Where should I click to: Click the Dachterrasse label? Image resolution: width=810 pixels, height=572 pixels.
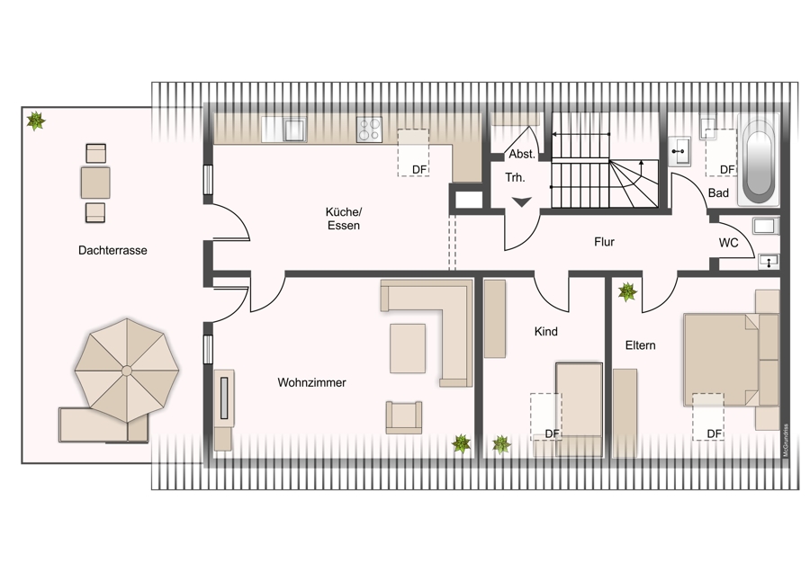(x=112, y=250)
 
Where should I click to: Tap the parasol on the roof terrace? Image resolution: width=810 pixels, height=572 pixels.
(x=127, y=371)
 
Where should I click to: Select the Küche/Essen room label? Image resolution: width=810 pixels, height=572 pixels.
(x=344, y=219)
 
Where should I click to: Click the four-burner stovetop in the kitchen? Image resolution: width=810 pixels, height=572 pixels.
(x=369, y=130)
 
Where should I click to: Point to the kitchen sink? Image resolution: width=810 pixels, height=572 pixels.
(x=295, y=130)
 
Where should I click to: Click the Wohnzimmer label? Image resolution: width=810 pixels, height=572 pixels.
(x=311, y=382)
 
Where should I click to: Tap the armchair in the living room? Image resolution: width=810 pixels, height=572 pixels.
(x=403, y=417)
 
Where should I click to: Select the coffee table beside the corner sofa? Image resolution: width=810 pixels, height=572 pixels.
(x=408, y=348)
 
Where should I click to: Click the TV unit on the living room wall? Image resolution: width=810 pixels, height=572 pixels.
(x=224, y=398)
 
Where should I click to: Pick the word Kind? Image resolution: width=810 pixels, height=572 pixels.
(x=546, y=332)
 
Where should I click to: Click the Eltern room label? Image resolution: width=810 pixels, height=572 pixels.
(x=641, y=345)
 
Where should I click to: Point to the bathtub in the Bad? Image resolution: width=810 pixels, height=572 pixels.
(x=759, y=162)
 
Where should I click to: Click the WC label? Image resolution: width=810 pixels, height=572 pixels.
(x=728, y=243)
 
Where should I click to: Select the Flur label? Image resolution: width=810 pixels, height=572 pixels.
(x=604, y=242)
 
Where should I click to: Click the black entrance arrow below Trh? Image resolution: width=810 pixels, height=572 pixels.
(x=522, y=201)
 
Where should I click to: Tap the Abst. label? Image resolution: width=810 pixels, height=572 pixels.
(x=522, y=155)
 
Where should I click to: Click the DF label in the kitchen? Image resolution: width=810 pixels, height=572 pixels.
(x=419, y=169)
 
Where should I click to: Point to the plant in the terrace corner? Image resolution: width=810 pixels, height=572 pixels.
(x=36, y=121)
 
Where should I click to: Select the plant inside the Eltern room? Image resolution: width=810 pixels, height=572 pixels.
(x=627, y=291)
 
